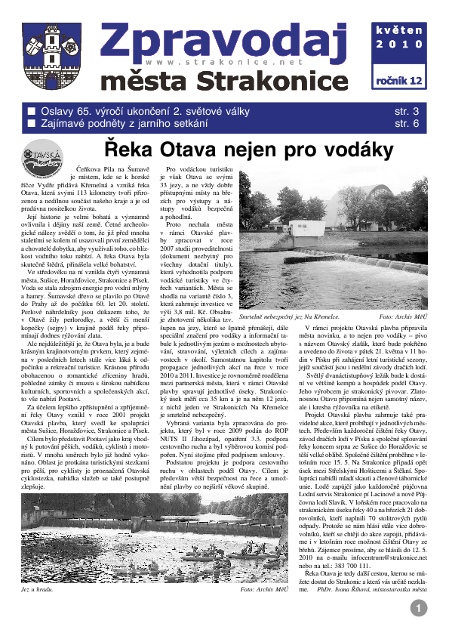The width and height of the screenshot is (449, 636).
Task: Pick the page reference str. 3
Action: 406,112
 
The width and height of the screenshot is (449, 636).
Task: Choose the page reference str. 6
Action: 406,124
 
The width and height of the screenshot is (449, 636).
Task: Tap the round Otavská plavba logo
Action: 46,157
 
